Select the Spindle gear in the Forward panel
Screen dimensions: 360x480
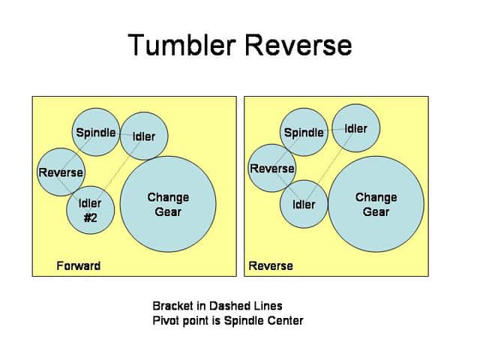click(96, 133)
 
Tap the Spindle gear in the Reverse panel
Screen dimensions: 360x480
click(304, 133)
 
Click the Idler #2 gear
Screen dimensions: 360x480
click(90, 209)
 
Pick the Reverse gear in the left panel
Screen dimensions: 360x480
click(61, 172)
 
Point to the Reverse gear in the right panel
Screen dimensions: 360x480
click(271, 168)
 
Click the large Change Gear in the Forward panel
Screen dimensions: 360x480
click(168, 204)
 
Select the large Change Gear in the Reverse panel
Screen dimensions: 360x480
click(376, 204)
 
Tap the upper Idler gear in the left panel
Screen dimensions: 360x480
click(143, 136)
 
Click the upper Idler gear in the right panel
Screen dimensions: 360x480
click(356, 128)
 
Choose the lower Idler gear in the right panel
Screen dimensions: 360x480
click(304, 204)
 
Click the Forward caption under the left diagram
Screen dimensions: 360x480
click(78, 266)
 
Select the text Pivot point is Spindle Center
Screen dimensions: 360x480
click(227, 320)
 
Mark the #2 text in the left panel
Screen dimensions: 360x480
click(90, 217)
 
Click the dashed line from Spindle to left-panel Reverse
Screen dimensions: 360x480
click(79, 152)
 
